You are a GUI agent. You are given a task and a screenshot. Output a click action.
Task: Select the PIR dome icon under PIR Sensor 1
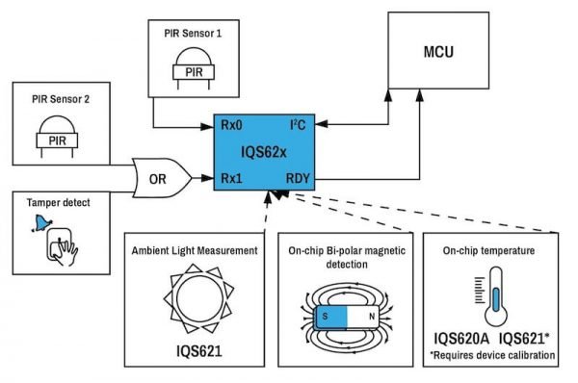point(193,68)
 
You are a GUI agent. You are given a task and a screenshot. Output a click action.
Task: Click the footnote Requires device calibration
point(494,355)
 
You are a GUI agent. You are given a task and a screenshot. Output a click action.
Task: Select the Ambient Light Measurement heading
point(197,250)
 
